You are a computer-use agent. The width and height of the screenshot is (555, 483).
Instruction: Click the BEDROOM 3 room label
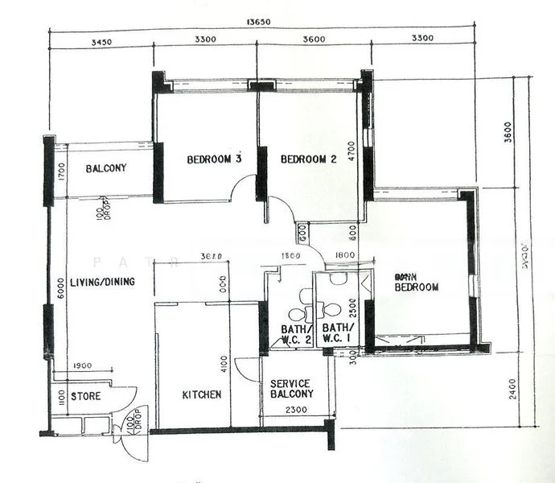tap(215, 159)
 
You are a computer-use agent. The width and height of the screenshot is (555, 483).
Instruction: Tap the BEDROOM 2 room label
tap(308, 159)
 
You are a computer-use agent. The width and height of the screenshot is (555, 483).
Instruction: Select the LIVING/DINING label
tap(102, 282)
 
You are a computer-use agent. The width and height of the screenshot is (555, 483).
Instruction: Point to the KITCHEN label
tap(201, 394)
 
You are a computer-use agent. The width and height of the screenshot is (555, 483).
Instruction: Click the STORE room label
tap(85, 396)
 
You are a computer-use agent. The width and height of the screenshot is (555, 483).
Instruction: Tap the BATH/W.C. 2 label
tap(296, 334)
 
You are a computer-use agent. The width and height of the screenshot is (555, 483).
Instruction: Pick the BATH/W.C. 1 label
tap(337, 334)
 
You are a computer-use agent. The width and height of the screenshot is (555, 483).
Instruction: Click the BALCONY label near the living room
tap(106, 168)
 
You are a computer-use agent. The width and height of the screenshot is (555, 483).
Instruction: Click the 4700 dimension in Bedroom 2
tap(351, 152)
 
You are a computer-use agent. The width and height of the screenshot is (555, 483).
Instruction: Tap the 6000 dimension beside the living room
tap(60, 287)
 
